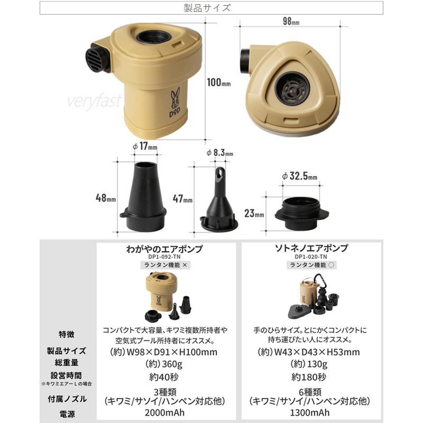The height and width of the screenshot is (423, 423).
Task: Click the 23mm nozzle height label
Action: tap(254, 214)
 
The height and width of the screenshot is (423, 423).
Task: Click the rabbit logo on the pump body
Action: tap(175, 96)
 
